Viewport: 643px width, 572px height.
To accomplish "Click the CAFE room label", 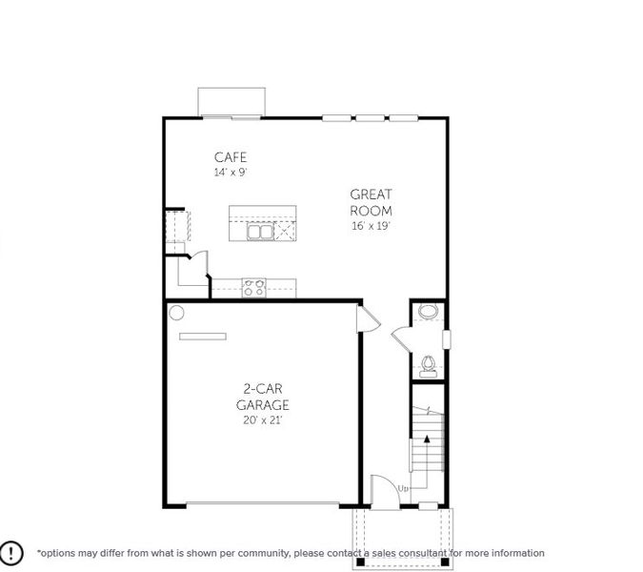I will click(x=231, y=157).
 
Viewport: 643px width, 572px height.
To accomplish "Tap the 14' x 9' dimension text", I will click(x=231, y=173).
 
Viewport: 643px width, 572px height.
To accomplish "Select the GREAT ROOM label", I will click(x=371, y=202).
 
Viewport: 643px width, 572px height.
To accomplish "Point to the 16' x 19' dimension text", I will click(x=371, y=226).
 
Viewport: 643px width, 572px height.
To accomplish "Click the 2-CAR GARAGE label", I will click(x=263, y=397).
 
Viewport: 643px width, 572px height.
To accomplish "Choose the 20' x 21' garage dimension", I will click(x=263, y=419).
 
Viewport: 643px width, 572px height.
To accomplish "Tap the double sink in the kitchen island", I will click(x=260, y=231).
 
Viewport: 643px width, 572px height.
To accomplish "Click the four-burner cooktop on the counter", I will click(x=253, y=287).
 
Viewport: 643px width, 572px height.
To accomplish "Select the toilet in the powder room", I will click(x=429, y=365).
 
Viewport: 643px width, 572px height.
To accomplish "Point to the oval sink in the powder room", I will click(x=429, y=311).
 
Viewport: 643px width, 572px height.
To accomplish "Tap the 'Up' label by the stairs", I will click(x=403, y=489).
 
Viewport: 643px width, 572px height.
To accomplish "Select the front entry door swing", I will click(x=381, y=489).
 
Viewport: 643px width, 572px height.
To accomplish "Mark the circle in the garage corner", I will click(x=176, y=312).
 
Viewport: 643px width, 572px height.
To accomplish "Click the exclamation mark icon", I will click(x=11, y=552).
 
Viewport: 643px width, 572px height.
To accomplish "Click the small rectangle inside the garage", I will click(x=203, y=336).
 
